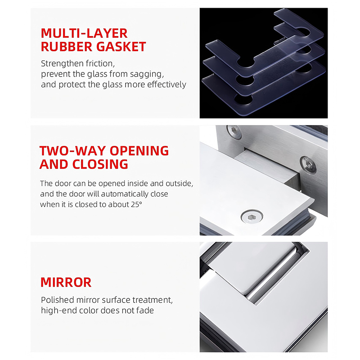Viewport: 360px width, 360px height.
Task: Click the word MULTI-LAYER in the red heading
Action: coord(84,33)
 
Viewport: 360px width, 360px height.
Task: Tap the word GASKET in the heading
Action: coord(121,47)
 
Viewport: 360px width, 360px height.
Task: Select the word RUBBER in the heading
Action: coord(67,47)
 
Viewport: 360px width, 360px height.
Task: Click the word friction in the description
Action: coord(100,63)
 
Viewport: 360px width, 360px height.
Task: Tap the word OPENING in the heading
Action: coord(139,151)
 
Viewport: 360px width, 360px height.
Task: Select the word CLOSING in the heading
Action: coord(100,164)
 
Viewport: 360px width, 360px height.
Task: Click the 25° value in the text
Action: coord(137,204)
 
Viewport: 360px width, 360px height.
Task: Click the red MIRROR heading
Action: coord(66,283)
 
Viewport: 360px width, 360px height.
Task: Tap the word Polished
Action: coord(58,300)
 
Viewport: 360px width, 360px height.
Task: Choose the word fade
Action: coord(145,310)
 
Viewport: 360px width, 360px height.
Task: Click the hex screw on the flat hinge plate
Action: coord(252,216)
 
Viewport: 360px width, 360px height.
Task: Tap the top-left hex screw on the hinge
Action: coord(234,132)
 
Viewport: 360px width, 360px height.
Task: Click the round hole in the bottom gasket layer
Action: coord(243,99)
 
